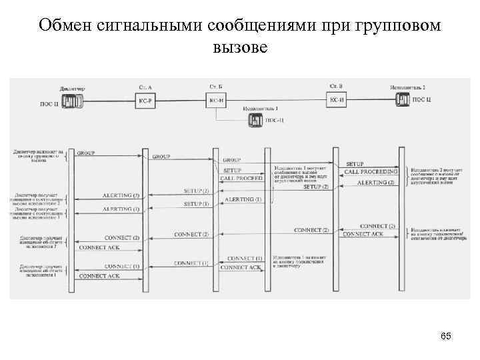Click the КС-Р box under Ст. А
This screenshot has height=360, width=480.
click(x=145, y=100)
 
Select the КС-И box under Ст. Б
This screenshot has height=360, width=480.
click(x=216, y=100)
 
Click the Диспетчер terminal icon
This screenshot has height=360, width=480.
click(x=70, y=100)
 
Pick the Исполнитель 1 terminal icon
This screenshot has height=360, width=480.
click(x=256, y=121)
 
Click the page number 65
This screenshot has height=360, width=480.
click(x=446, y=337)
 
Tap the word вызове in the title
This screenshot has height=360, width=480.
click(x=239, y=48)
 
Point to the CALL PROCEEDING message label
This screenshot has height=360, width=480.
click(x=370, y=173)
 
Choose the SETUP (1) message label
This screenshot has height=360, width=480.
click(x=196, y=203)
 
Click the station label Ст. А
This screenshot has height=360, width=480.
click(x=145, y=87)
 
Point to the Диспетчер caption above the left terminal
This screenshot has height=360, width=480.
click(x=72, y=88)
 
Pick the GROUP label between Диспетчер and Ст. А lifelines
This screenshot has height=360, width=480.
click(x=86, y=153)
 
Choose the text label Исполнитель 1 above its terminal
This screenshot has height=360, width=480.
click(x=260, y=109)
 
